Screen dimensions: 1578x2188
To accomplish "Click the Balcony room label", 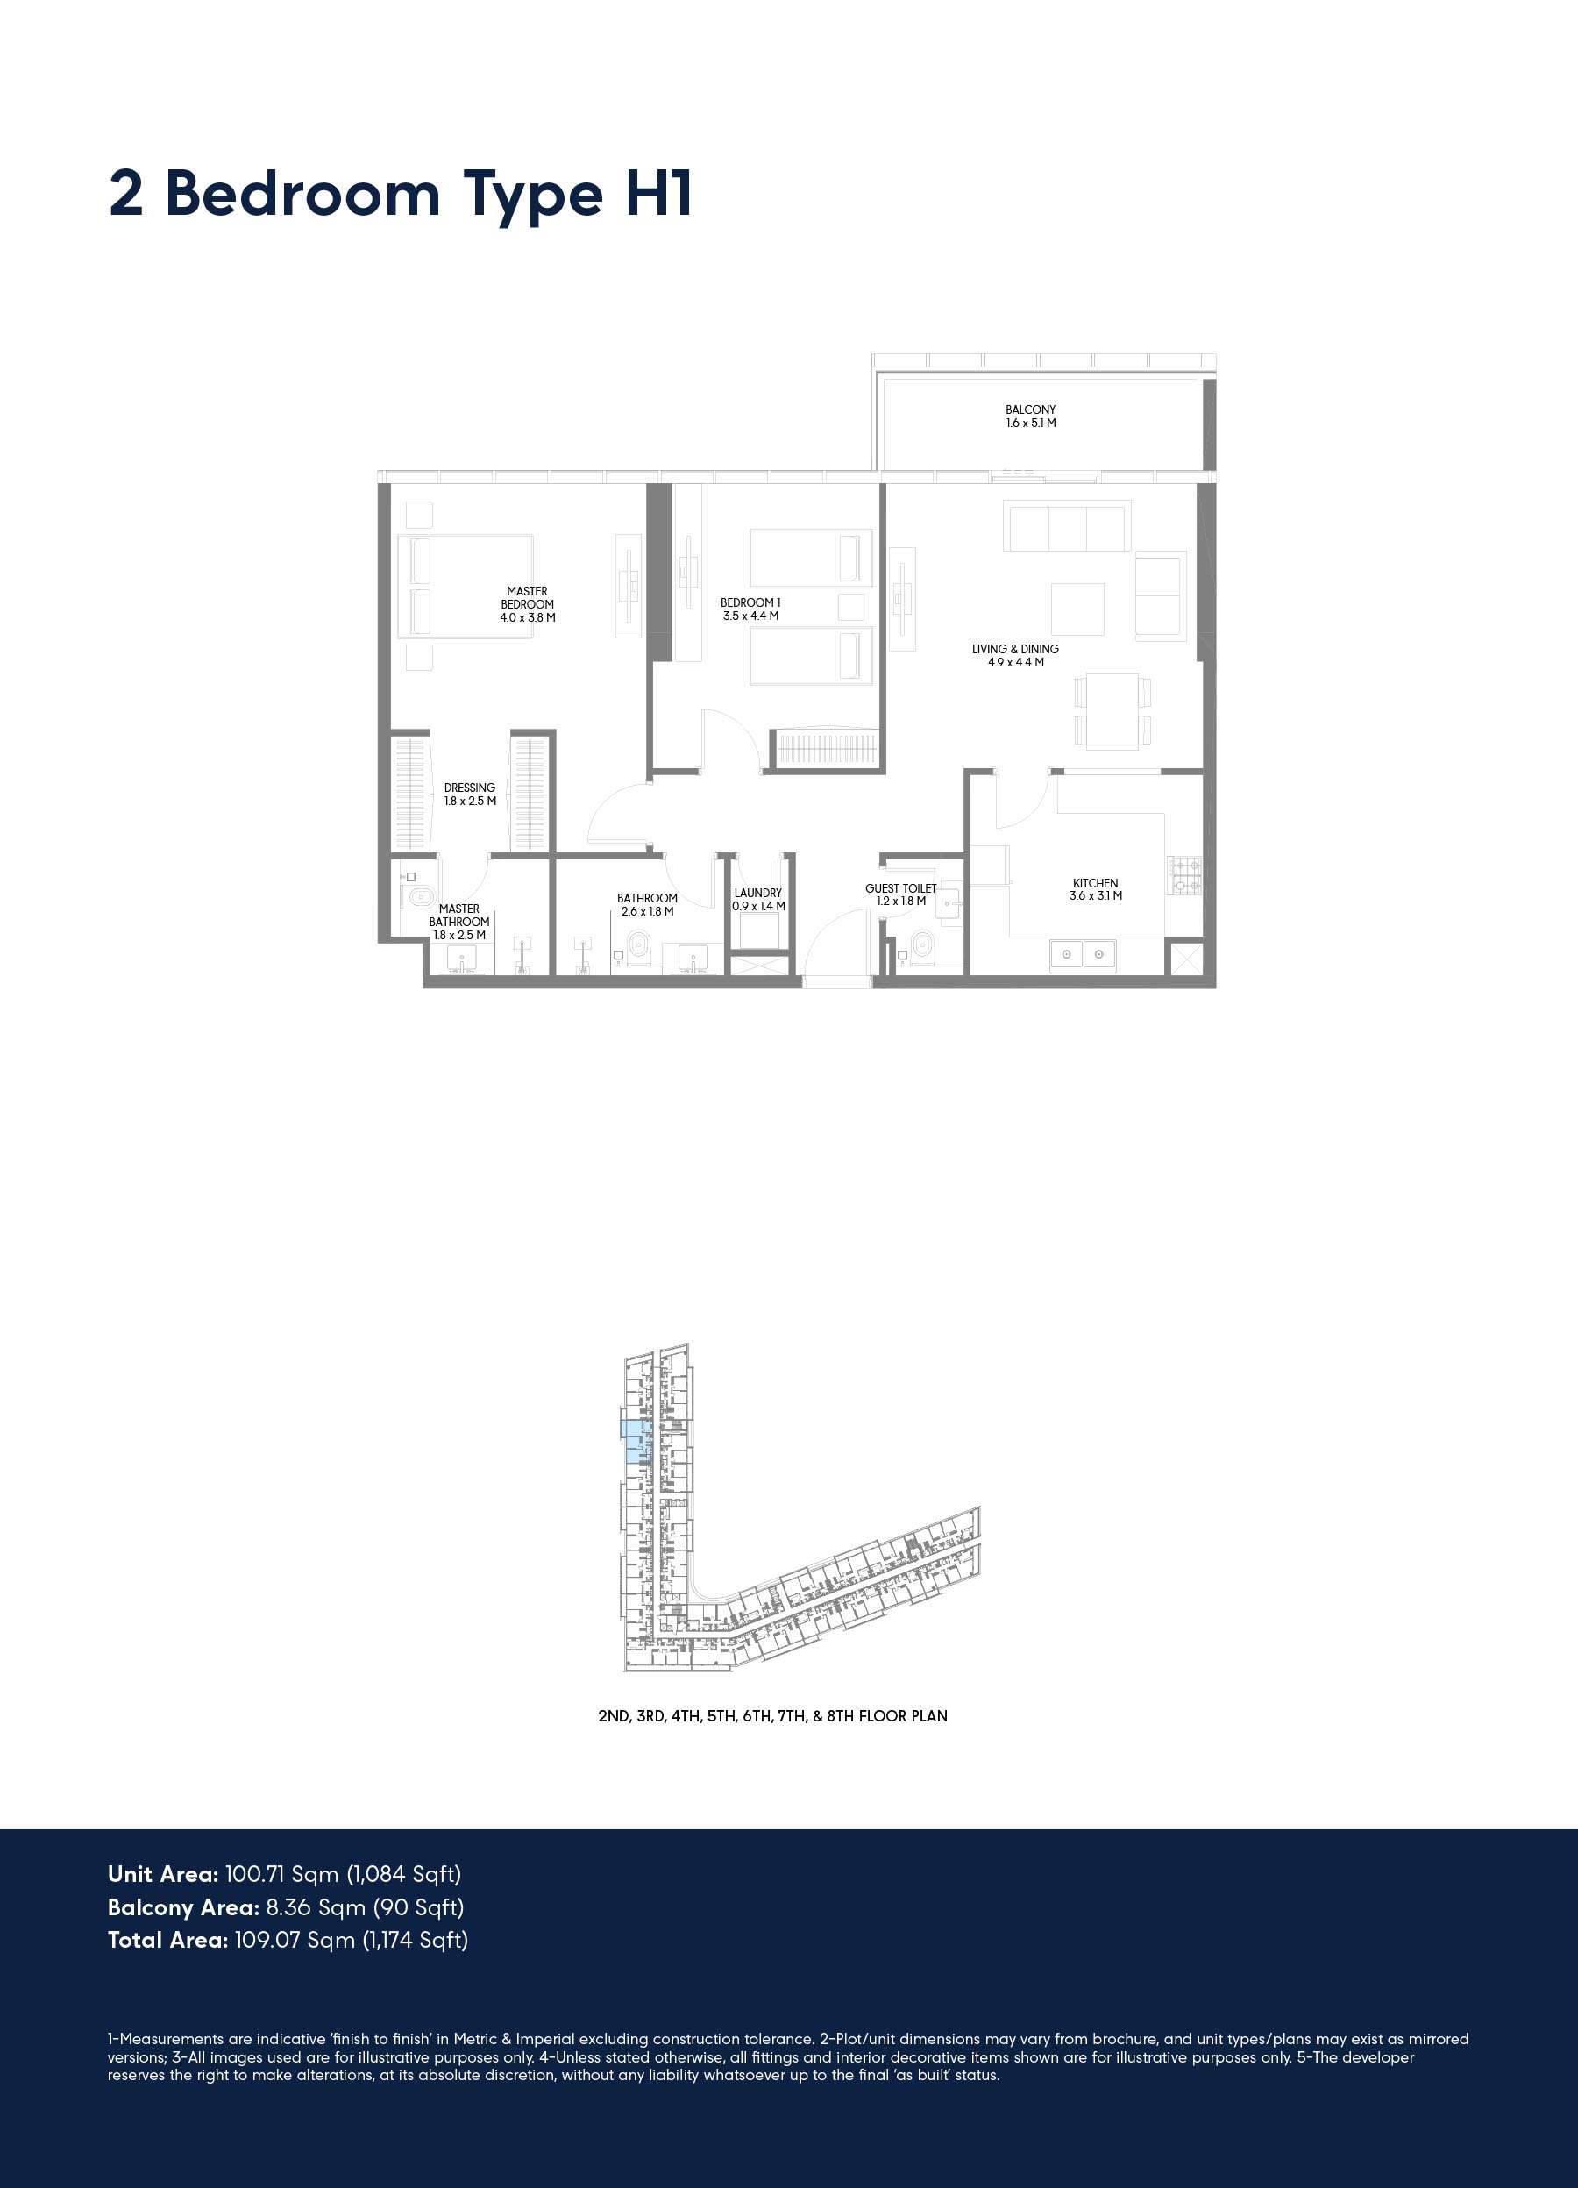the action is (1030, 409).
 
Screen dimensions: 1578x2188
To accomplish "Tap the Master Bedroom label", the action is (528, 597).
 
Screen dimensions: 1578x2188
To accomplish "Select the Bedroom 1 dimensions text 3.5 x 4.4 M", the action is (750, 616).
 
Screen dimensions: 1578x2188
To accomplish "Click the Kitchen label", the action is (1096, 883).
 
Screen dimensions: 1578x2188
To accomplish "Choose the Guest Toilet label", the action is (901, 888).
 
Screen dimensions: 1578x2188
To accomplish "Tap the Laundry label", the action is (758, 894).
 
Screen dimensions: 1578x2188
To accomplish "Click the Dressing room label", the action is (470, 788).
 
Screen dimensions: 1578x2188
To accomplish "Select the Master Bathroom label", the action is (459, 915).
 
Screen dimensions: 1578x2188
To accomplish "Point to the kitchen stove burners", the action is (1185, 875).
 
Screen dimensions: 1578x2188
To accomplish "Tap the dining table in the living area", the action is (1112, 711).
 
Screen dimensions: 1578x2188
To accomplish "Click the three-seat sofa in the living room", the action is (1067, 526).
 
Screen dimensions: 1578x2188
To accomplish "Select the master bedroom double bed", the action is (466, 587).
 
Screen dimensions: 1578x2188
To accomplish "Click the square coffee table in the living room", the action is (1077, 609).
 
